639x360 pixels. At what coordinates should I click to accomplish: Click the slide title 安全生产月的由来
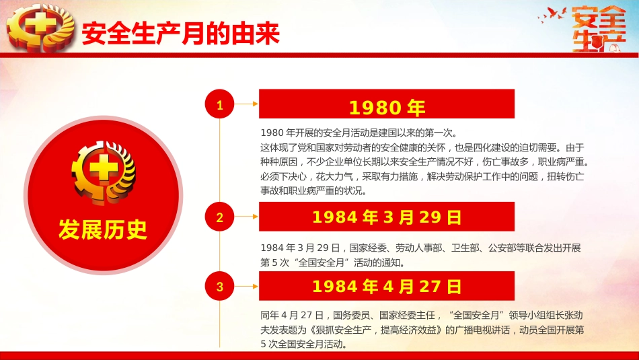(x=180, y=34)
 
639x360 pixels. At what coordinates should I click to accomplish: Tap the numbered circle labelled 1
(x=219, y=104)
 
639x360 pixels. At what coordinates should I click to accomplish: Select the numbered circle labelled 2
(x=219, y=217)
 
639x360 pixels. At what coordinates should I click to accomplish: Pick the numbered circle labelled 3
(x=219, y=287)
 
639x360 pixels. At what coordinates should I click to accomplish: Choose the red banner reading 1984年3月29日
(x=387, y=217)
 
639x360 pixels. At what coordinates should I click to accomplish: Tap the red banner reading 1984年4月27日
(x=387, y=287)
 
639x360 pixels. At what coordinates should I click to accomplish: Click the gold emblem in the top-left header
(x=37, y=28)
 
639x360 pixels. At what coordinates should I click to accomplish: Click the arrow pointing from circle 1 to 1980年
(x=246, y=104)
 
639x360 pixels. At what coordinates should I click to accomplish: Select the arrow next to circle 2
(x=246, y=217)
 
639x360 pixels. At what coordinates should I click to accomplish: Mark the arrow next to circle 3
(x=246, y=287)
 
